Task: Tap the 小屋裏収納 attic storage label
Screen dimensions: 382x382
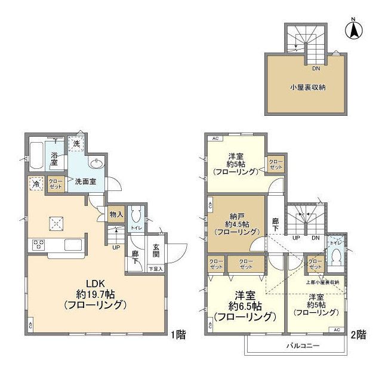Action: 307,87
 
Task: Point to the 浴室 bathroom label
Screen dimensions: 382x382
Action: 54,158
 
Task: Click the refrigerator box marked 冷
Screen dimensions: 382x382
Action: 36,184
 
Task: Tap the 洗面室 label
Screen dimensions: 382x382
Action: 86,181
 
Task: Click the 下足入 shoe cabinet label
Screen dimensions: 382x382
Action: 155,269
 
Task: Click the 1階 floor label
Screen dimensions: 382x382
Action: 178,335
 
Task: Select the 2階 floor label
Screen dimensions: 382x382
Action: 358,335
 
